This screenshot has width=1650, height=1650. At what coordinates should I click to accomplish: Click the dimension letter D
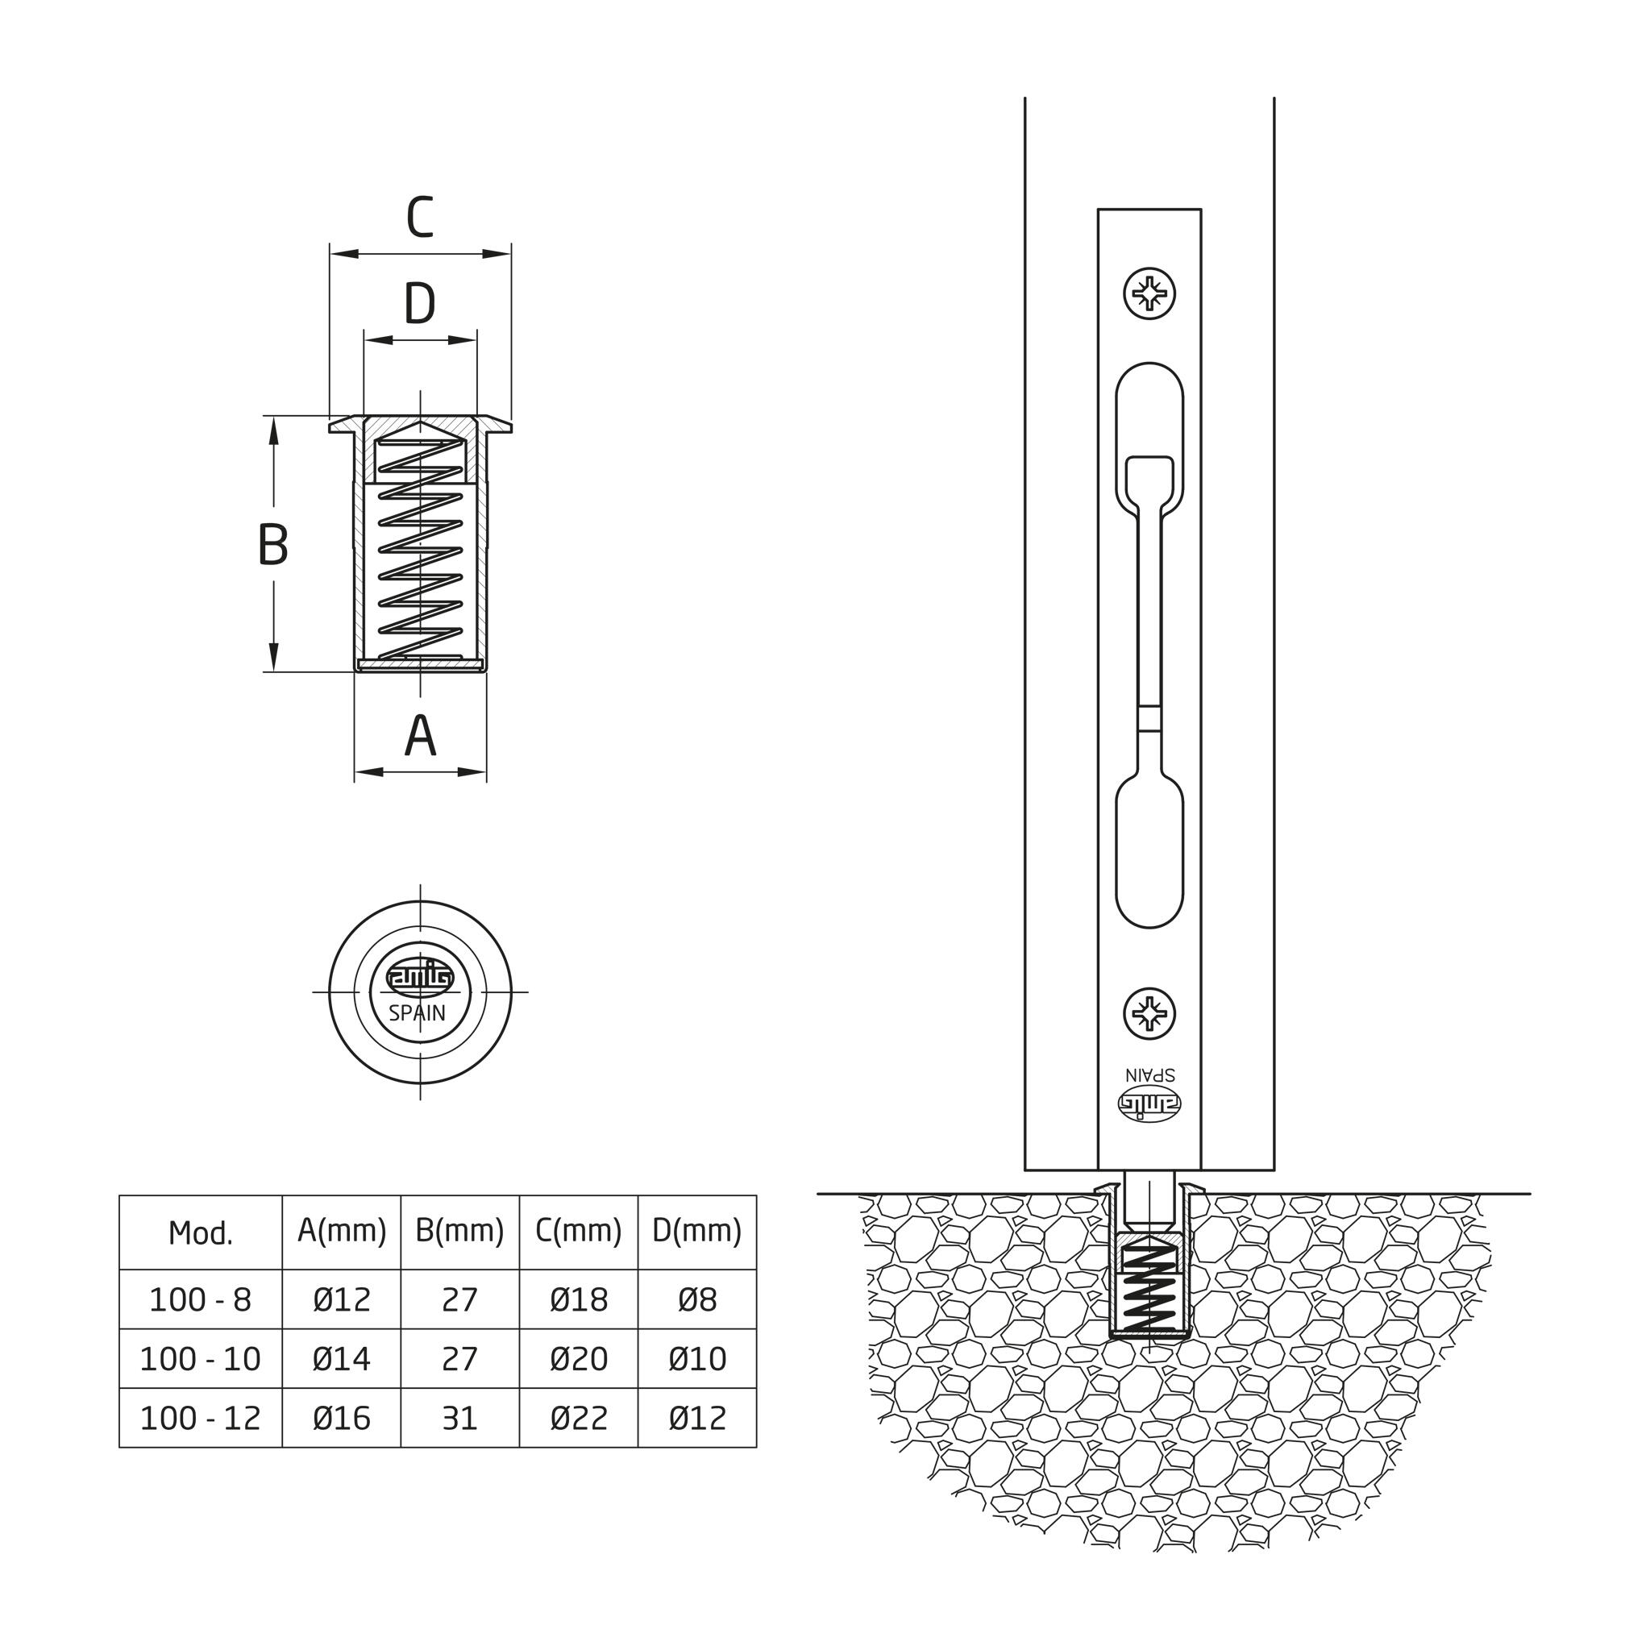coord(419,304)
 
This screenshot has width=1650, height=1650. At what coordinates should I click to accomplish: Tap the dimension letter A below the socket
coord(419,735)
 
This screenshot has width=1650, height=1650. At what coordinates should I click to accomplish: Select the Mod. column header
coord(201,1232)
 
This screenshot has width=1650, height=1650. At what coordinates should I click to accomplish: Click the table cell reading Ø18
coord(578,1299)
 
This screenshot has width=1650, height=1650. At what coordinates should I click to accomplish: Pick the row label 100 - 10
coord(201,1358)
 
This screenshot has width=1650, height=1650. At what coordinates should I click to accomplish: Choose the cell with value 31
coord(459,1418)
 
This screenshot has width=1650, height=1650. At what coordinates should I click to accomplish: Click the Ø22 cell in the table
coord(578,1418)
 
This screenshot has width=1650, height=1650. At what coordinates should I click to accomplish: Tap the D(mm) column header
coord(697,1231)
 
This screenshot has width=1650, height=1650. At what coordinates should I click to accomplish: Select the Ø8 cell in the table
coord(697,1299)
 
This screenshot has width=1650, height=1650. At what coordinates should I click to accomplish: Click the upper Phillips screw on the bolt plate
coord(1149,295)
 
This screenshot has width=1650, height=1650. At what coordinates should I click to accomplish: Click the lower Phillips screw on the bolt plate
coord(1149,1014)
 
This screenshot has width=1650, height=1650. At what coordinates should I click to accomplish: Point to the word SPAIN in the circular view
coord(418,1013)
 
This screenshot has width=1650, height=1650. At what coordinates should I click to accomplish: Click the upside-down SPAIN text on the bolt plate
coord(1149,1074)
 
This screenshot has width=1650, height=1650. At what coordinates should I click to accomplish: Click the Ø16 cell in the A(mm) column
coord(342,1418)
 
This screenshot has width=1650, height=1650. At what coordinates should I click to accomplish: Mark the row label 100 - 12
coord(201,1418)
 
